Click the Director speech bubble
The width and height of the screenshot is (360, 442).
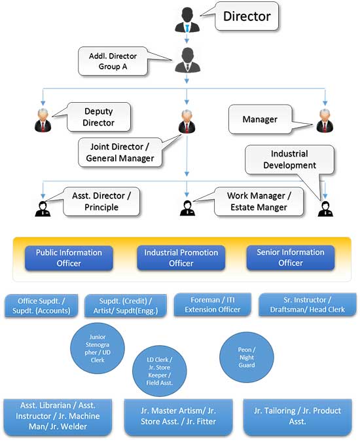pos(247,16)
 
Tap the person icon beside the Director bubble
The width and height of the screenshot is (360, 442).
pos(187,20)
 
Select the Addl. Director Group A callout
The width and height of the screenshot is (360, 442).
pos(113,61)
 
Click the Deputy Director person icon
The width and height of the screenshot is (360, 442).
pos(43,120)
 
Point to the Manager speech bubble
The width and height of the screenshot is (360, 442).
pos(260,119)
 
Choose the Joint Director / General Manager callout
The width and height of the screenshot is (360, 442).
pos(120,152)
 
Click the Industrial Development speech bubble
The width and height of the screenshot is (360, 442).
pos(289,160)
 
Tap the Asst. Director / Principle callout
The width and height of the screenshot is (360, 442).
pos(101,201)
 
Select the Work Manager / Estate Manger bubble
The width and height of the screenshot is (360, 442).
pos(259,201)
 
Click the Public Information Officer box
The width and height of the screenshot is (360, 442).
pos(69,258)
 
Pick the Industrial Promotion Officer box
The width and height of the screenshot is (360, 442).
pos(181,258)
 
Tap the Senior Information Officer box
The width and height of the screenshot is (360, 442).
pos(291,257)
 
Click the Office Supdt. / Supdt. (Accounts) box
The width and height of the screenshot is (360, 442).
pos(41,306)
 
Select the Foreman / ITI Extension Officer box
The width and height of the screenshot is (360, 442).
pos(212,304)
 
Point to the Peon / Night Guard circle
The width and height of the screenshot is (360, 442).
pos(247,357)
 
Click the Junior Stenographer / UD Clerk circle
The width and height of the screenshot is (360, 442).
pos(97,348)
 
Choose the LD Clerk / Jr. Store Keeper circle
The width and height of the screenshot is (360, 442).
pos(160,371)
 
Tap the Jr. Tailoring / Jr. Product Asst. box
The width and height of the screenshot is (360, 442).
pos(297,416)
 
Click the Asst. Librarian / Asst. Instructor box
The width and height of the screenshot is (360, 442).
pos(58,416)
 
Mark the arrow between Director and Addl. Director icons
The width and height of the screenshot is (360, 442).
pos(187,37)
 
